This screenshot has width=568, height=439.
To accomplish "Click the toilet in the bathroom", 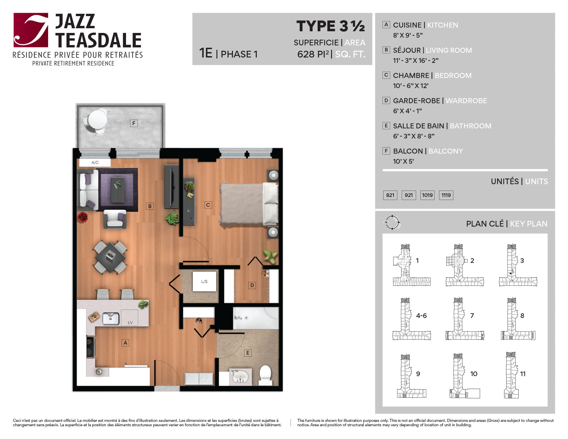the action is pyautogui.click(x=266, y=375).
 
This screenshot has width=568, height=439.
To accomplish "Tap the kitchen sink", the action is pyautogui.click(x=111, y=318).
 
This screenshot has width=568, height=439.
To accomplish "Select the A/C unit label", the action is pyautogui.click(x=95, y=163).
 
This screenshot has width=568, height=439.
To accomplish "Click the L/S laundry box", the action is pyautogui.click(x=204, y=281).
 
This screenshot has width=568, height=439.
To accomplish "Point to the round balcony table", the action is pyautogui.click(x=97, y=119).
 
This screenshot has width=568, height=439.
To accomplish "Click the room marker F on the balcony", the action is pyautogui.click(x=134, y=123).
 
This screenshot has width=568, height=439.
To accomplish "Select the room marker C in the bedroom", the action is pyautogui.click(x=208, y=205).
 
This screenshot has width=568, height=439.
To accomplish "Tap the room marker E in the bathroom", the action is pyautogui.click(x=248, y=353).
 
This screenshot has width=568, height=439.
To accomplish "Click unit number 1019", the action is pyautogui.click(x=428, y=195).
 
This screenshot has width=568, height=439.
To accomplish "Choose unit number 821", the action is pyautogui.click(x=390, y=195).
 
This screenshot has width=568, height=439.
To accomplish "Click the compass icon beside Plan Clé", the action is pyautogui.click(x=392, y=223).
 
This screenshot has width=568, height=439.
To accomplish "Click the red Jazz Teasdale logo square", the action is pyautogui.click(x=31, y=30).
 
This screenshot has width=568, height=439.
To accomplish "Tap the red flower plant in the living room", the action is pyautogui.click(x=82, y=217).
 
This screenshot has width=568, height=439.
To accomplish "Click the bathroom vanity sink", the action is pyautogui.click(x=240, y=377).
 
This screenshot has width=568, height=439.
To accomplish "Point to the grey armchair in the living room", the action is pyautogui.click(x=115, y=219).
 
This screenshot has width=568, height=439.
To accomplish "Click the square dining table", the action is pyautogui.click(x=110, y=257).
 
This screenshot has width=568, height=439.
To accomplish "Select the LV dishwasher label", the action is pyautogui.click(x=130, y=323).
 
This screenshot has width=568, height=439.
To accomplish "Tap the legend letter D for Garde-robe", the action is pyautogui.click(x=386, y=101).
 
